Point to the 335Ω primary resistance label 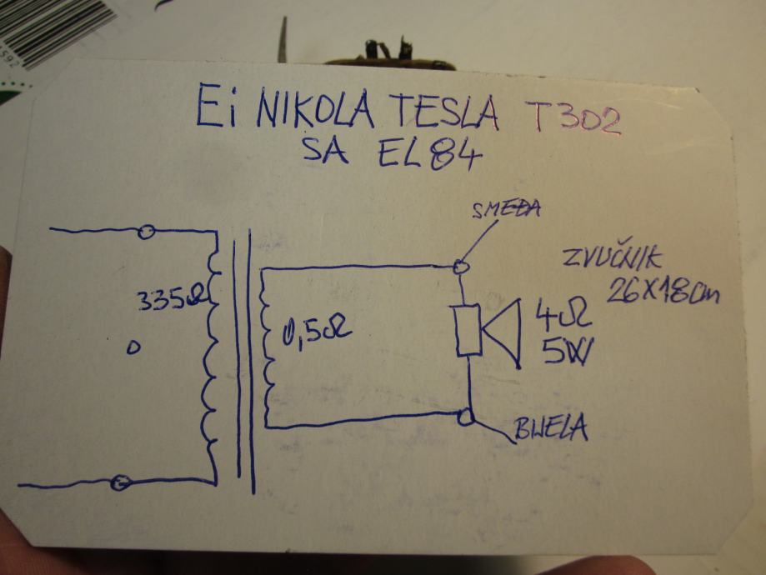(x=168, y=300)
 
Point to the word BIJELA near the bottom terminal (x=551, y=429)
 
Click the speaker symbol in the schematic (x=488, y=331)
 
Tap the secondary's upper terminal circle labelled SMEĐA (x=460, y=267)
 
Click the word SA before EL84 (x=329, y=153)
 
